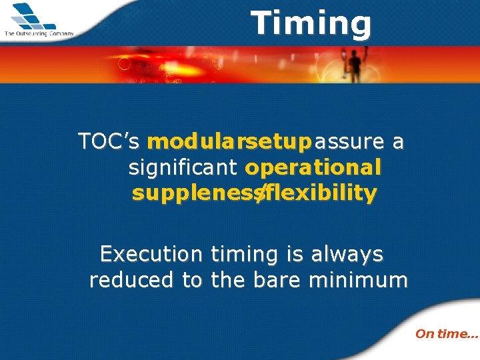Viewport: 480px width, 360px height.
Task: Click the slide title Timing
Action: click(311, 23)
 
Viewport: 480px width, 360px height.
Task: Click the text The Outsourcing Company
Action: click(38, 33)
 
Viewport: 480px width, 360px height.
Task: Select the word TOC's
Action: click(109, 141)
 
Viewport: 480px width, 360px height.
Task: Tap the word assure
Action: click(350, 141)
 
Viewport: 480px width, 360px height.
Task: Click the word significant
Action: click(184, 167)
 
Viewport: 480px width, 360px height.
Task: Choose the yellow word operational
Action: click(313, 167)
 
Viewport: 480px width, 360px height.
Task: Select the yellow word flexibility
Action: click(321, 193)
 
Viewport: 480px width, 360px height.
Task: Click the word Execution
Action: click(151, 254)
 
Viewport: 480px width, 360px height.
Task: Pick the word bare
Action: click(278, 280)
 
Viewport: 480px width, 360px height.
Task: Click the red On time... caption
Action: click(446, 334)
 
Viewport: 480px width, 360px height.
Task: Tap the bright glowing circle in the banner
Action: click(123, 65)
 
